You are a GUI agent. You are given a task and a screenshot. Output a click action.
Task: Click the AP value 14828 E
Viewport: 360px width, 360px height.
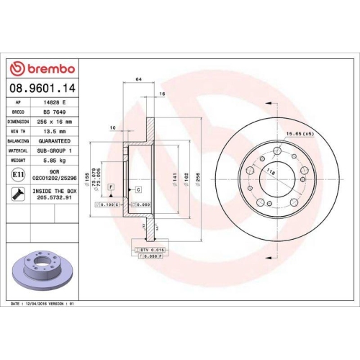(58, 102)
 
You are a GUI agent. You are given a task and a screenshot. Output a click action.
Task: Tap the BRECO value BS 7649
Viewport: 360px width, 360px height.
(58, 112)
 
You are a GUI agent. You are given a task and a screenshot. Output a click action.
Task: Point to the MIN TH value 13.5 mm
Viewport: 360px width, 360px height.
(58, 132)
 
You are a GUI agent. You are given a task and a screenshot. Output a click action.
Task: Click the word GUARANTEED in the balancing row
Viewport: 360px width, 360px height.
(58, 142)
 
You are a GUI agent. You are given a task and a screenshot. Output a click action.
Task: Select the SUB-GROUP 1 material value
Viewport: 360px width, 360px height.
(58, 151)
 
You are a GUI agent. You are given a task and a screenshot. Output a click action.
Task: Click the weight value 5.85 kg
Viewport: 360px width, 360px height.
(58, 161)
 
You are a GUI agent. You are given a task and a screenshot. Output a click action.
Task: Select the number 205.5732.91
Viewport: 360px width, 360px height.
(58, 199)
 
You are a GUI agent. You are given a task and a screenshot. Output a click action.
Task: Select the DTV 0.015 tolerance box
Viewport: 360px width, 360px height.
(150, 248)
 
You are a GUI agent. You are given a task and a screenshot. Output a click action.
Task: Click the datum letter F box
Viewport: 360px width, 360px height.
(112, 187)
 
